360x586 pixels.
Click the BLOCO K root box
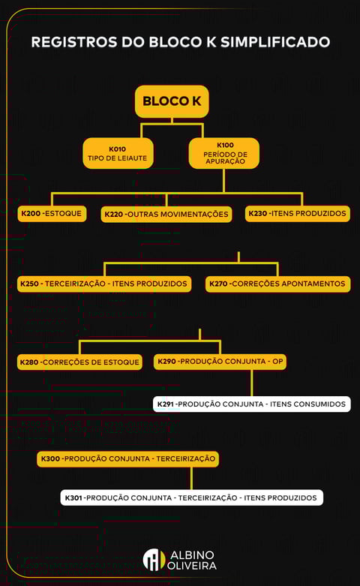pos(172,101)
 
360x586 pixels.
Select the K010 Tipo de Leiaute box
pos(118,153)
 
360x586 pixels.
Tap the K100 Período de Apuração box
pos(224,153)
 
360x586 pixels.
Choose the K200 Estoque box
pos(52,214)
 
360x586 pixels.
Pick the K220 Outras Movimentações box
pos(166,215)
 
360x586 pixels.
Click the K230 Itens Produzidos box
pos(298,214)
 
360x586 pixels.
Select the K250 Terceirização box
pos(104,284)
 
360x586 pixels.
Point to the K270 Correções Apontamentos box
pos(277,284)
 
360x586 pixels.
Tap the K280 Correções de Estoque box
pos(79,362)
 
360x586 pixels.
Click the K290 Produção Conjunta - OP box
pos(220,362)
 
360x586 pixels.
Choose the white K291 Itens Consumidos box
pos(252,404)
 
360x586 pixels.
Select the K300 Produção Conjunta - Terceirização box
pos(127,459)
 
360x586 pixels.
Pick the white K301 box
pos(191,497)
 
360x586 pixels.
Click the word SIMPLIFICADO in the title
pos(275,42)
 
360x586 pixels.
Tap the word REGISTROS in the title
pos(74,42)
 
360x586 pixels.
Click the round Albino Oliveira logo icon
pos(154,560)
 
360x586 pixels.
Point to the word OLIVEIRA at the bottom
pos(191,566)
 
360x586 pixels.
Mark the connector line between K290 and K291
pos(252,383)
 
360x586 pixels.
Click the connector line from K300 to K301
pos(191,479)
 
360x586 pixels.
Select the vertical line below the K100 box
pos(223,181)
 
